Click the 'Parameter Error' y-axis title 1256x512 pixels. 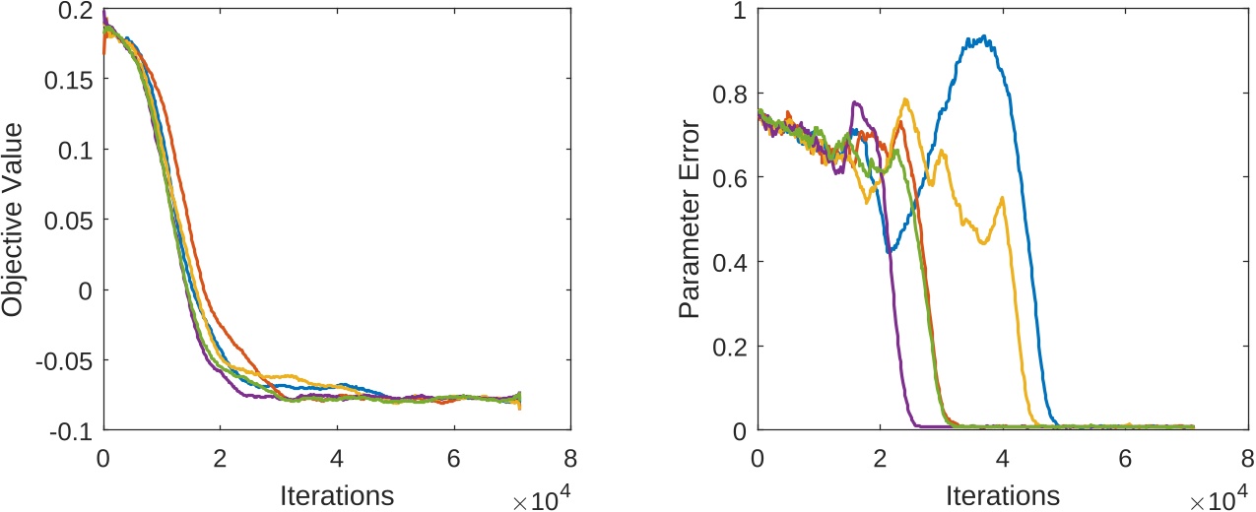pyautogui.click(x=690, y=220)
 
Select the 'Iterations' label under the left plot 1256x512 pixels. pyautogui.click(x=336, y=495)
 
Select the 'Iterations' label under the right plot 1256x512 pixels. pyautogui.click(x=1002, y=495)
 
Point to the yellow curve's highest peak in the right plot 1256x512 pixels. pyautogui.click(x=904, y=98)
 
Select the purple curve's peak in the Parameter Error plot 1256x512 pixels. pyautogui.click(x=854, y=101)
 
